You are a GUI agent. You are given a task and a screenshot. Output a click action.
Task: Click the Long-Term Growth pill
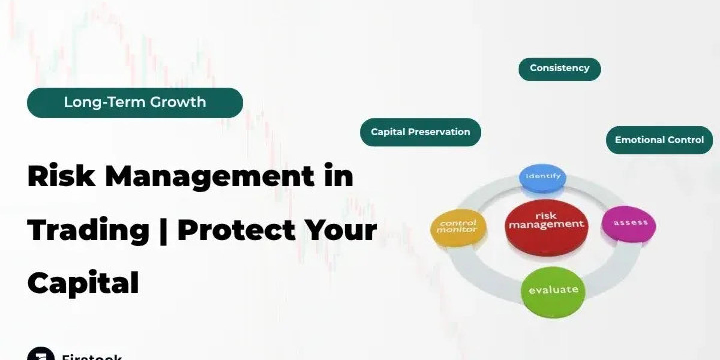pos(135,103)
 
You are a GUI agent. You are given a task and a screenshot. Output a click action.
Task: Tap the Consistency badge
pos(559,68)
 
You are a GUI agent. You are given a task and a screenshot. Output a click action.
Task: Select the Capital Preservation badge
pos(420,132)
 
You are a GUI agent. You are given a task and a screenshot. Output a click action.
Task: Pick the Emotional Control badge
pos(659,140)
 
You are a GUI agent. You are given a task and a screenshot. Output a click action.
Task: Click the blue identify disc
pos(542,178)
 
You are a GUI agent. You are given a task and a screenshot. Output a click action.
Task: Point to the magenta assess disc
pos(629,224)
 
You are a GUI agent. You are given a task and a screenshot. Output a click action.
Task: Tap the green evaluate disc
pos(553,292)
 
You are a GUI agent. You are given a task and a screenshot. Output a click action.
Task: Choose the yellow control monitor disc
pos(457,227)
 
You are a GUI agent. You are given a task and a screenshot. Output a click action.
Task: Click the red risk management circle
pos(546,226)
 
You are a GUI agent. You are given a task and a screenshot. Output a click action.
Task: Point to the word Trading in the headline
pos(88,230)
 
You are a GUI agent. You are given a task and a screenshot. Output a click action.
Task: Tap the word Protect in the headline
pos(245,230)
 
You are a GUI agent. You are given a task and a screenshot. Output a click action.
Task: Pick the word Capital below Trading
pos(83,282)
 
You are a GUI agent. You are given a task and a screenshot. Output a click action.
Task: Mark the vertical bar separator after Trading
pos(163,230)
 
